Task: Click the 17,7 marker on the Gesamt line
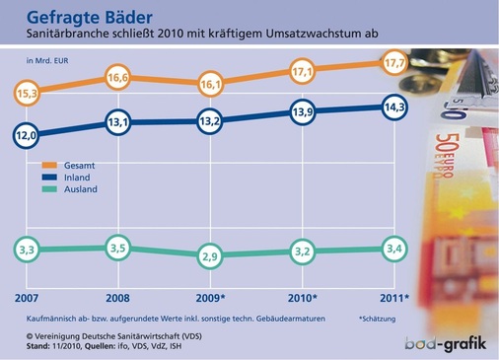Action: coord(392,64)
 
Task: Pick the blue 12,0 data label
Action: coord(27,135)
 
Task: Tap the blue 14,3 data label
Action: coord(392,107)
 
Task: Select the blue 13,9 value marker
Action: coord(303,114)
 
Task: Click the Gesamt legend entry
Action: coord(80,165)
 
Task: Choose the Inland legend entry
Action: coord(80,178)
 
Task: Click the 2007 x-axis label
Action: coord(27,297)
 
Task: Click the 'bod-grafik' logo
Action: coord(446,343)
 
